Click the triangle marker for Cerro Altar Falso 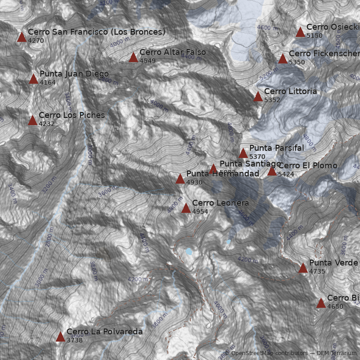pyautogui.click(x=133, y=57)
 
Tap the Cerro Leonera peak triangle pyautogui.click(x=186, y=208)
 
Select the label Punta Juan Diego pyautogui.click(x=74, y=74)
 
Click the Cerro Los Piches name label pyautogui.click(x=72, y=115)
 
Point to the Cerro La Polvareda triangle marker pyautogui.click(x=60, y=337)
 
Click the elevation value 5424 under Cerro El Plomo pyautogui.click(x=285, y=174)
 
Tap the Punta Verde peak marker pyautogui.click(x=303, y=268)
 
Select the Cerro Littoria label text pyautogui.click(x=290, y=91)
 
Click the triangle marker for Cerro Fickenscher pyautogui.click(x=283, y=58)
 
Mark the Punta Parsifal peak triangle pyautogui.click(x=243, y=153)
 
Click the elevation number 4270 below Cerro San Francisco pyautogui.click(x=36, y=40)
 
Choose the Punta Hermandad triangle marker pyautogui.click(x=180, y=179)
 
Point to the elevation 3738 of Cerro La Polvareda pyautogui.click(x=74, y=340)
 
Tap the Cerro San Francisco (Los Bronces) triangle pyautogui.click(x=22, y=37)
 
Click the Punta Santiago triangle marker pyautogui.click(x=213, y=169)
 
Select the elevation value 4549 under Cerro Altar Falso pyautogui.click(x=147, y=61)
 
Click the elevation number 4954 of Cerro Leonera pyautogui.click(x=200, y=211)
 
